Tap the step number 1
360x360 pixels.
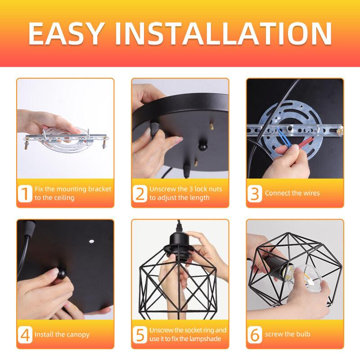[x=26, y=193]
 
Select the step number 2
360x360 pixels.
[x=140, y=193]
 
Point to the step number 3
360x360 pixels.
[x=255, y=193]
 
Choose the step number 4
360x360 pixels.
[x=26, y=334]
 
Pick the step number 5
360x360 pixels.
[x=140, y=334]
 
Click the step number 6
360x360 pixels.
[x=255, y=334]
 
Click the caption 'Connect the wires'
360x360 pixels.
[x=292, y=193]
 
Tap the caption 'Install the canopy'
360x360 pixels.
[x=62, y=334]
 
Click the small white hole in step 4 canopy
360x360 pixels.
[x=91, y=242]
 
